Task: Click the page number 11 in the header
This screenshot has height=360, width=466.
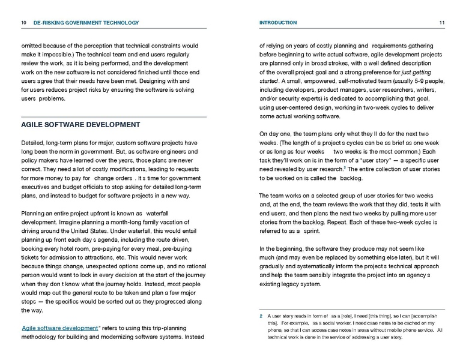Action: coord(441,23)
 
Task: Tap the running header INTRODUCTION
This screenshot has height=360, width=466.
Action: coord(277,23)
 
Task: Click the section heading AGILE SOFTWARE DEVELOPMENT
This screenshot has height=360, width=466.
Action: coord(80,125)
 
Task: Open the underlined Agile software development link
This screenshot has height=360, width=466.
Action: coord(59,328)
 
